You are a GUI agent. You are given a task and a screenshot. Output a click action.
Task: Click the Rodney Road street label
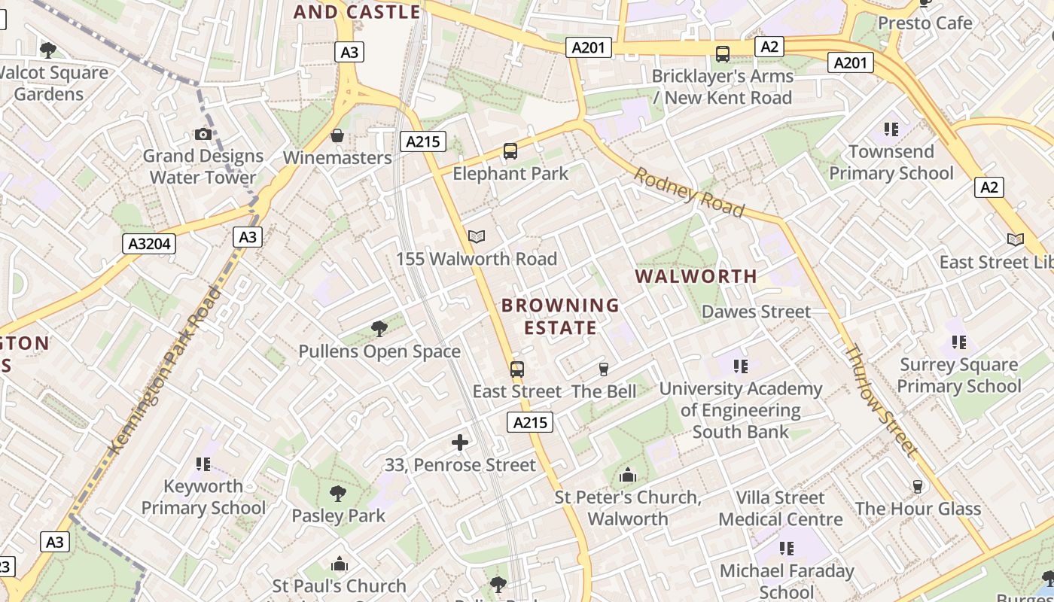(x=688, y=192)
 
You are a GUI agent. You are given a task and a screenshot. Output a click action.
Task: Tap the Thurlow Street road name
(x=882, y=401)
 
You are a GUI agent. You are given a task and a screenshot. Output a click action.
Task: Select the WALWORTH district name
(x=696, y=276)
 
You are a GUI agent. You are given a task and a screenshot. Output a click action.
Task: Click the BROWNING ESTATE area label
(x=560, y=316)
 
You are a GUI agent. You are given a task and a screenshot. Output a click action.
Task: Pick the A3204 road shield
(x=148, y=244)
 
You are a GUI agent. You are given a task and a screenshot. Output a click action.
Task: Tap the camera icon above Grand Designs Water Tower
(x=203, y=135)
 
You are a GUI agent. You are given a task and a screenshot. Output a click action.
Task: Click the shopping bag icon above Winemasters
(x=337, y=136)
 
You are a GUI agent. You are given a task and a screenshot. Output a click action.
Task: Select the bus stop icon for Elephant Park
(x=510, y=151)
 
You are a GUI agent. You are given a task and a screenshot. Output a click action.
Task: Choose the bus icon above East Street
(x=517, y=369)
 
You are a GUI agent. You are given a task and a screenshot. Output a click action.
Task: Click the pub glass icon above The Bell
(x=603, y=369)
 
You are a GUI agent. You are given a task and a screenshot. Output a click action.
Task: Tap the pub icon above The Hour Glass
(x=917, y=486)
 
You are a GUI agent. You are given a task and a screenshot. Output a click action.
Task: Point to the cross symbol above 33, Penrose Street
(x=460, y=442)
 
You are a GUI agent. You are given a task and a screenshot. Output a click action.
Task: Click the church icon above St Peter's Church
(x=627, y=476)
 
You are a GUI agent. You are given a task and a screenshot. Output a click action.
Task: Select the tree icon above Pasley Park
(x=338, y=494)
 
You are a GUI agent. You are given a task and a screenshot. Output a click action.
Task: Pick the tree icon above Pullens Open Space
(x=379, y=329)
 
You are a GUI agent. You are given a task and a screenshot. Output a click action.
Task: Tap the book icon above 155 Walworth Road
(x=476, y=236)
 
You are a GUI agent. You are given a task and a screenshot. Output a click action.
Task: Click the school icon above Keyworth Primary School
(x=203, y=464)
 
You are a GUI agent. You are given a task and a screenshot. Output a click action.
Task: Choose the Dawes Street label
(x=756, y=312)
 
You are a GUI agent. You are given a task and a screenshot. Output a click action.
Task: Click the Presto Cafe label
(x=925, y=23)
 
